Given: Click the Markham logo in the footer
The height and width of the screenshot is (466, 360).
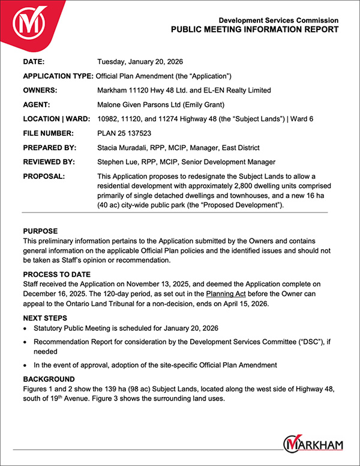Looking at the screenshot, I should pos(313,444).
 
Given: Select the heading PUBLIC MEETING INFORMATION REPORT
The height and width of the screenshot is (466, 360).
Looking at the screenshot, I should pos(254,29).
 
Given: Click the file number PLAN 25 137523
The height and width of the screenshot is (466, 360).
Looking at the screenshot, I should pos(124,133).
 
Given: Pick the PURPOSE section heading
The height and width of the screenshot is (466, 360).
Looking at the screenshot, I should pos(40,231).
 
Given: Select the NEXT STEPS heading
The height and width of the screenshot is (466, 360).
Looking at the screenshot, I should pos(46,318).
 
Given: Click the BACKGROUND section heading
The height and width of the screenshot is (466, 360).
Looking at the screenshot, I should pos(49,380).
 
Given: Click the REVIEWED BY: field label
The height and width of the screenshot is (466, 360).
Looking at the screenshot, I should pos(49,162).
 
